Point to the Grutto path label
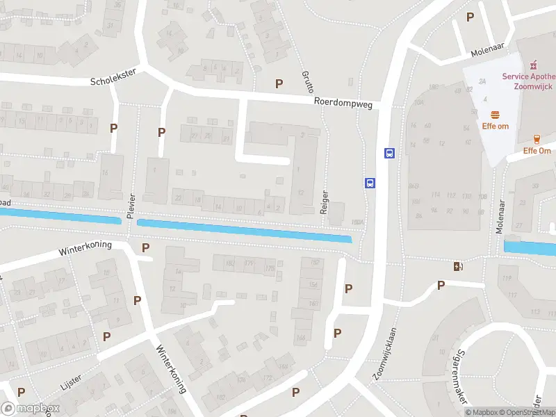[308, 81]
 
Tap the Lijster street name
[71, 379]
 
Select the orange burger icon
[496, 114]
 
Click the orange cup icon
[537, 139]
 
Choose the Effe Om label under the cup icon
[537, 151]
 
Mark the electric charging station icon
[457, 266]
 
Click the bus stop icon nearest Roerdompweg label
[389, 154]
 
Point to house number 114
[436, 195]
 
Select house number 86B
[414, 186]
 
